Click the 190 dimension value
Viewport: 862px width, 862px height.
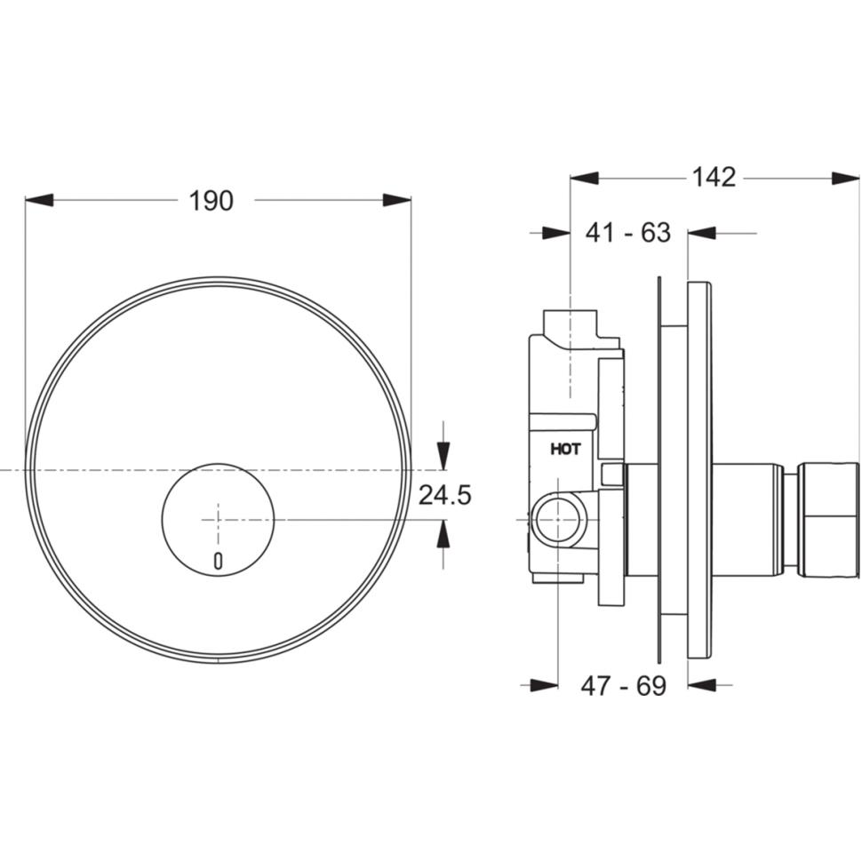coord(212,201)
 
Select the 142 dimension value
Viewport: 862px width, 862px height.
coord(714,178)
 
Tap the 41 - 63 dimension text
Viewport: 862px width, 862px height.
coord(627,233)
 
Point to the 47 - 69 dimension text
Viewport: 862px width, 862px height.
coord(624,685)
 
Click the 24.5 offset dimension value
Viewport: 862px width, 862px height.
coord(444,495)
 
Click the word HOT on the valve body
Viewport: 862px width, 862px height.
coord(565,450)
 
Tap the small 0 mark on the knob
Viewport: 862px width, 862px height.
coord(219,561)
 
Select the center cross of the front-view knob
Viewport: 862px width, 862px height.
coord(219,520)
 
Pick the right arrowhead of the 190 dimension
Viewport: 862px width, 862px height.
coord(397,200)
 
